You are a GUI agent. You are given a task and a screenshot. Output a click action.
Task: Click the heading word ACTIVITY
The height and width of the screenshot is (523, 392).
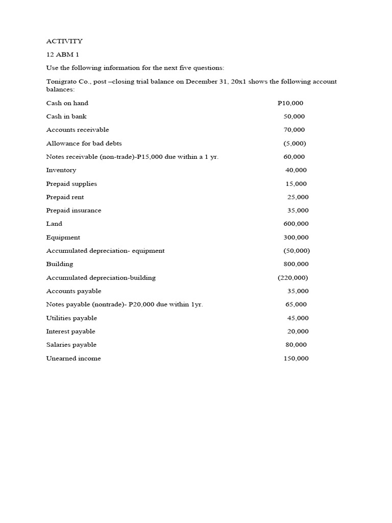64,41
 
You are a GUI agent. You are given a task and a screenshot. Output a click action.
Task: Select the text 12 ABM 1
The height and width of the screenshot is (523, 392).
63,55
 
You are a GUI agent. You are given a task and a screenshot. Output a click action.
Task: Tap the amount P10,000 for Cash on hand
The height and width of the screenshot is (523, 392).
290,103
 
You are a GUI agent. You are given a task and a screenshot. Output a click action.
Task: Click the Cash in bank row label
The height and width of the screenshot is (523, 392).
66,116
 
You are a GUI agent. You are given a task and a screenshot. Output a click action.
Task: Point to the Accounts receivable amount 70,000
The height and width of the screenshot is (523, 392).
294,130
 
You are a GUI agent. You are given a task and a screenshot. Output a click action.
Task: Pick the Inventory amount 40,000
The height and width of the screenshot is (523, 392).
296,170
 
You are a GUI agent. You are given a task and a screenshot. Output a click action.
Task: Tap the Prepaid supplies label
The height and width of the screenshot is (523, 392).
71,184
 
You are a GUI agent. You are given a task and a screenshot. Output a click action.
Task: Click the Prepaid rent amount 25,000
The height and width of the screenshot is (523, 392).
298,197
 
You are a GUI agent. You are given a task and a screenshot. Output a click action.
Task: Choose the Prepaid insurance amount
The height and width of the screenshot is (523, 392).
298,210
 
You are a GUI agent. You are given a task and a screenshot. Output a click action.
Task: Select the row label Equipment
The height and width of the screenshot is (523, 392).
63,237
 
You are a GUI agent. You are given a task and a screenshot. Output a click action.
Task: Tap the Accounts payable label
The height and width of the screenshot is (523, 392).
73,291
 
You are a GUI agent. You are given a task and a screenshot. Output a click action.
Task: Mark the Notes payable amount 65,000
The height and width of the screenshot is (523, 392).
296,304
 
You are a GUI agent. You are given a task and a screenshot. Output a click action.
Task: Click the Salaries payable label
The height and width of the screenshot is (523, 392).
71,345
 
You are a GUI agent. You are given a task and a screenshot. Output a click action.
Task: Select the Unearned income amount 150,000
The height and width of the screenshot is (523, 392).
296,359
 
